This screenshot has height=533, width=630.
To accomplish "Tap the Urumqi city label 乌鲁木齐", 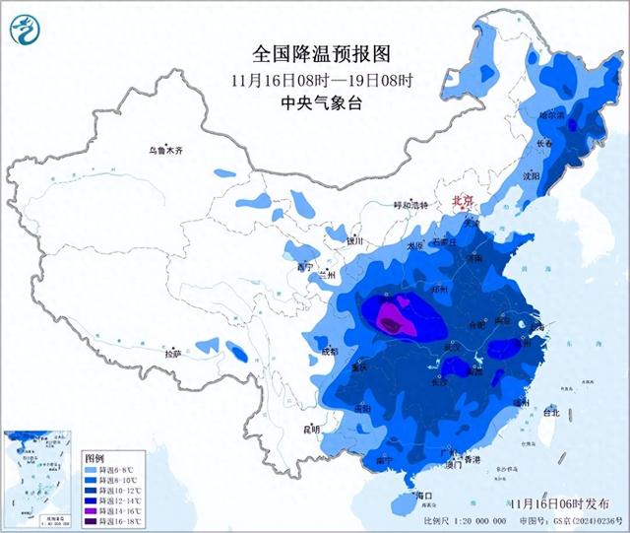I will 165,151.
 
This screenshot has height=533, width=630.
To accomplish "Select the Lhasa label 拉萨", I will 172,353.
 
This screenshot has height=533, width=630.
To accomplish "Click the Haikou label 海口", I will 424,495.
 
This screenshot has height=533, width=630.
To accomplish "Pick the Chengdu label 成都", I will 328,351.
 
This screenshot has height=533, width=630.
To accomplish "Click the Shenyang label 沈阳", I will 533,177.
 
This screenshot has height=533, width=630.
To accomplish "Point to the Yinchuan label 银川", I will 355,239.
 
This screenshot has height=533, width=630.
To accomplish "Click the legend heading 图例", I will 94,459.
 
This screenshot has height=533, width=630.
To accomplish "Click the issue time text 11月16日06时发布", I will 568,503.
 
